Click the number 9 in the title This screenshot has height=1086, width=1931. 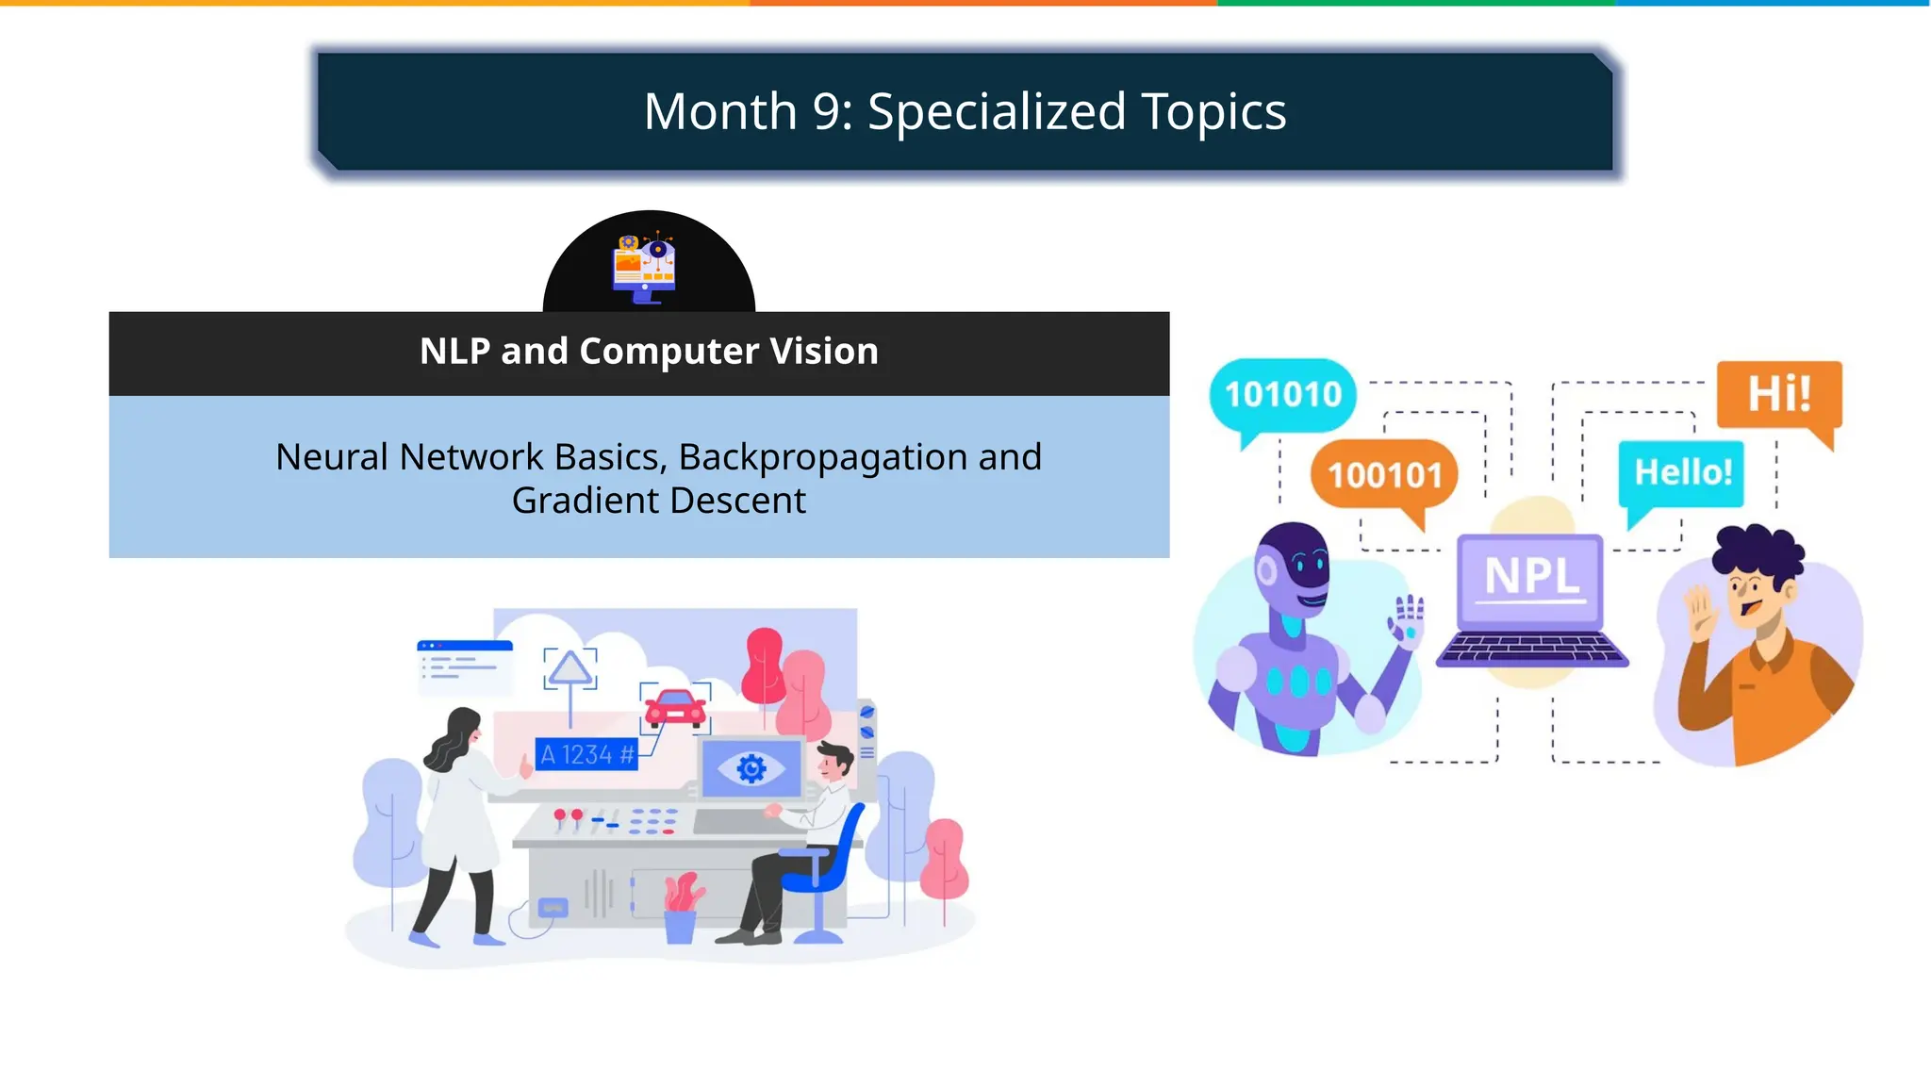click(x=826, y=112)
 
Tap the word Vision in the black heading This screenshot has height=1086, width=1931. click(x=824, y=352)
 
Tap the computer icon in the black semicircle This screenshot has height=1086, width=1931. click(x=646, y=269)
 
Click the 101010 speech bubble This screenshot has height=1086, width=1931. click(x=1282, y=395)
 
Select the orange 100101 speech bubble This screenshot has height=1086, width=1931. click(x=1385, y=475)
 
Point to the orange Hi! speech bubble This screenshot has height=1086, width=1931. click(x=1778, y=394)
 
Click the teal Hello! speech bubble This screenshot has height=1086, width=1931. click(x=1682, y=472)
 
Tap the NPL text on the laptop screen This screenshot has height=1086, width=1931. click(x=1531, y=575)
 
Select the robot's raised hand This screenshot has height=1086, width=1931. click(x=1406, y=618)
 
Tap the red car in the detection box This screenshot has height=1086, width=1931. click(x=675, y=708)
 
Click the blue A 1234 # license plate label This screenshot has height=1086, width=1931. click(x=586, y=754)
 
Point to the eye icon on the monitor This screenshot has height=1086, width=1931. click(x=751, y=769)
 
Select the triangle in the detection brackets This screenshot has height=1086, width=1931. click(x=569, y=668)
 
